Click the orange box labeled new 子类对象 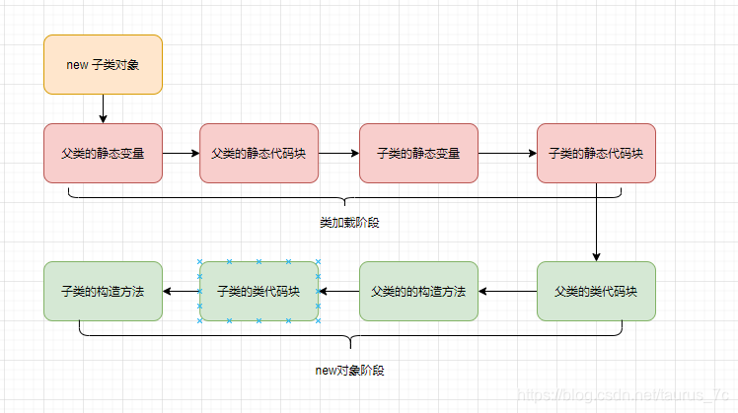103,64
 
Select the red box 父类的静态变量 103,154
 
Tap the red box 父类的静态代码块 258,154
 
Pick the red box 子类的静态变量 418,154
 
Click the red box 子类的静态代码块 596,154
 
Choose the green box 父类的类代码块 596,291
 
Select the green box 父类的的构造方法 418,291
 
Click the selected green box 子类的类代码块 258,291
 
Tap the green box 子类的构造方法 103,291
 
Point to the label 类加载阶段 349,223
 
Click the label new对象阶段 349,370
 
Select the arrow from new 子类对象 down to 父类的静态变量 103,108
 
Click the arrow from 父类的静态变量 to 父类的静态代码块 181,154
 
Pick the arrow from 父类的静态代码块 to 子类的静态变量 338,154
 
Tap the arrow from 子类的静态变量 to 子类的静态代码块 507,154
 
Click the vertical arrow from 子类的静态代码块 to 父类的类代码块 596,222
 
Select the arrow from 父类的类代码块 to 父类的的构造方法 507,291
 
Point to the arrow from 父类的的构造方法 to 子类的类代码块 338,291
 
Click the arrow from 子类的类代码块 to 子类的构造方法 181,291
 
